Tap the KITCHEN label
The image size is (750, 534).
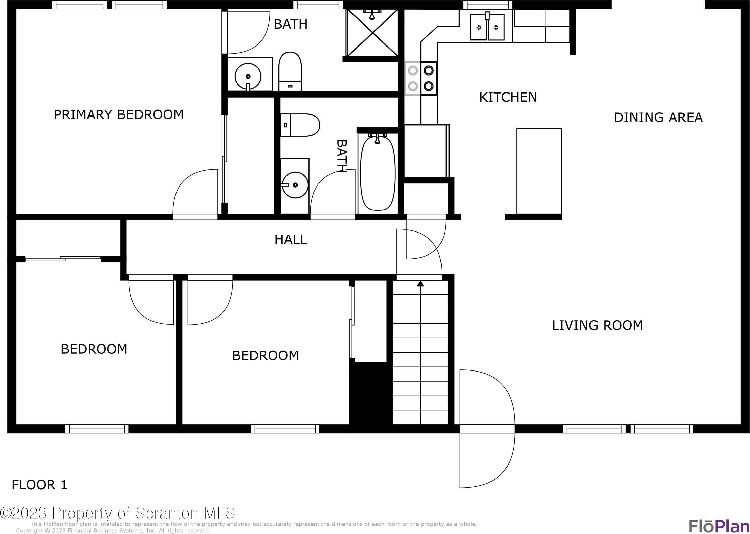(x=508, y=97)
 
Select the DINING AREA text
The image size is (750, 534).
(x=658, y=117)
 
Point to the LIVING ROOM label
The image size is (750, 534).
(x=597, y=326)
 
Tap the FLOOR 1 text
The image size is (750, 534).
(x=39, y=485)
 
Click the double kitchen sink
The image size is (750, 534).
(x=487, y=27)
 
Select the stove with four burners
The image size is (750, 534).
(x=421, y=78)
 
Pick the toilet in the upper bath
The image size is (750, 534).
(x=290, y=71)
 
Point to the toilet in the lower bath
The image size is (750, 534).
(x=300, y=125)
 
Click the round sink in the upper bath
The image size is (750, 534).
(x=248, y=77)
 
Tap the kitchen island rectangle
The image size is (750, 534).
(x=539, y=171)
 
